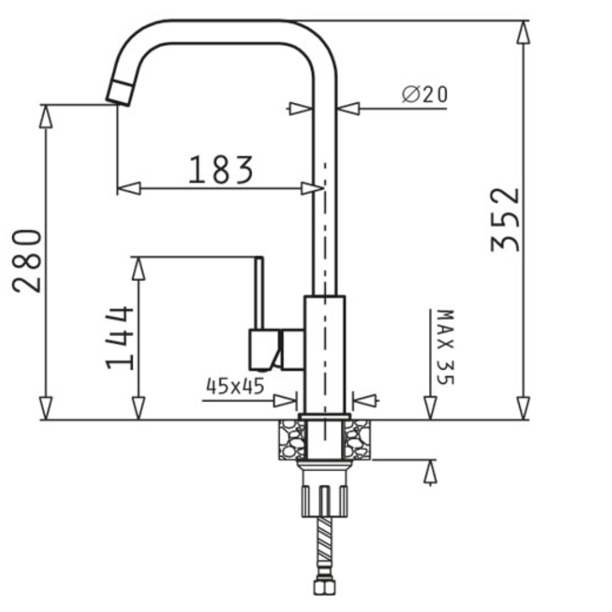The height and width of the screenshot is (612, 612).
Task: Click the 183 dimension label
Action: point(221,170)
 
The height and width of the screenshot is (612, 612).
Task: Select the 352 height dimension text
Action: point(506,220)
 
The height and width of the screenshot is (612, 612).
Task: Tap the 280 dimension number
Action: point(26,261)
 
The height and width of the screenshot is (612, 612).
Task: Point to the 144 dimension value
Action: point(120,338)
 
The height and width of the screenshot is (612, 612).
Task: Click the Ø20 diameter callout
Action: point(425,94)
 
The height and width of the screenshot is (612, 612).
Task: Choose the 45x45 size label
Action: point(235,386)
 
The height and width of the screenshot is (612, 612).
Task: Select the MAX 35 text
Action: point(446,347)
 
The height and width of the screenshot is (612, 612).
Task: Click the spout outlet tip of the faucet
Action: point(119,94)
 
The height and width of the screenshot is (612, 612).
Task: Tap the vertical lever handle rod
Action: point(259,293)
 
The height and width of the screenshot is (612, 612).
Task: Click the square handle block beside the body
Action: point(264,349)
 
